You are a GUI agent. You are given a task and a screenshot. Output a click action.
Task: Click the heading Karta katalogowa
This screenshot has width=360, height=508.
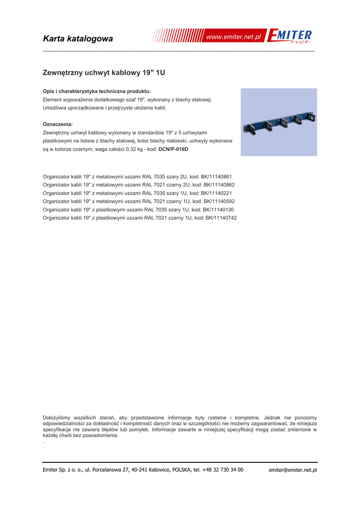[78, 39]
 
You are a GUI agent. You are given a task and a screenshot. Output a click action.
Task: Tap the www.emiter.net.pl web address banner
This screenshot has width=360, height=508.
[233, 37]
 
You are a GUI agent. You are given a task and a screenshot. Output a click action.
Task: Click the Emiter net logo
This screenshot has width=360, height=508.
[290, 37]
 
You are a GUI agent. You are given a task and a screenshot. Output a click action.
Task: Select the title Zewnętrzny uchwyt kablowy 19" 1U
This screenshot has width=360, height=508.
[104, 73]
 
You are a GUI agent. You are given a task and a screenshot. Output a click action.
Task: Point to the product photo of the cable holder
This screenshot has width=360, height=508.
[279, 123]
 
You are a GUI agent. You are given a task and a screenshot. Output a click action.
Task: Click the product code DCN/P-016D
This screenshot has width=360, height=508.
[173, 149]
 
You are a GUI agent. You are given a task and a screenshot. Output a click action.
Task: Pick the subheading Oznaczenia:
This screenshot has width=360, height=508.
[58, 124]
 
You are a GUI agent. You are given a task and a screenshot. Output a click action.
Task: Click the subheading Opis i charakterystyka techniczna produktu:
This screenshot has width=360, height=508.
[97, 91]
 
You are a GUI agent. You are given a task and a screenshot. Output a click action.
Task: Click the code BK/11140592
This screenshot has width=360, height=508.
[218, 201]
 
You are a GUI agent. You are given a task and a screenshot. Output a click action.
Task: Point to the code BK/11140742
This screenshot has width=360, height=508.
[220, 218]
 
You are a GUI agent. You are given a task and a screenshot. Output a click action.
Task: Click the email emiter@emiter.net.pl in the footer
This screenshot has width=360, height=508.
[292, 470]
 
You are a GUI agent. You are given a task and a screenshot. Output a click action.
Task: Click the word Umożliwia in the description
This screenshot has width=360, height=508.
[56, 108]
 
